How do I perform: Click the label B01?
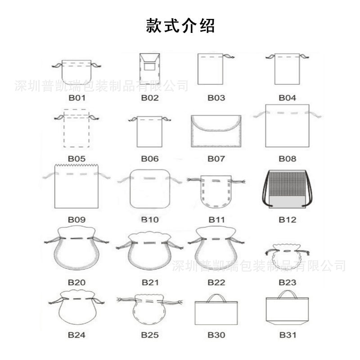[x=77, y=98]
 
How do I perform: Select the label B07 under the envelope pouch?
[x=216, y=159]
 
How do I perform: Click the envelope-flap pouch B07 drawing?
[x=216, y=131]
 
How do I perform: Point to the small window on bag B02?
[x=150, y=66]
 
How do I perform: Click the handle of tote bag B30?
[x=216, y=298]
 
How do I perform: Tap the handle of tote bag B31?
[x=287, y=294]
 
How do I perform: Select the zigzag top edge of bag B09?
[x=76, y=166]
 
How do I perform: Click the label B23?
[x=287, y=283]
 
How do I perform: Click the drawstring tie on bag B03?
[x=229, y=56]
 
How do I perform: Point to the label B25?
[x=150, y=335]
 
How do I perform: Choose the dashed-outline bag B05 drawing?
[x=76, y=128]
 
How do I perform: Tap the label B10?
[x=150, y=220]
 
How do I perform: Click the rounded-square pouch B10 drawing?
[x=150, y=189]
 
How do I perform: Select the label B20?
[x=76, y=283]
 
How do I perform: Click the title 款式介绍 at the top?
[x=180, y=26]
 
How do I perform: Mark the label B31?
[x=288, y=335]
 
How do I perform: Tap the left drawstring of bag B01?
[x=57, y=65]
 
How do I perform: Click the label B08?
[x=287, y=159]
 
